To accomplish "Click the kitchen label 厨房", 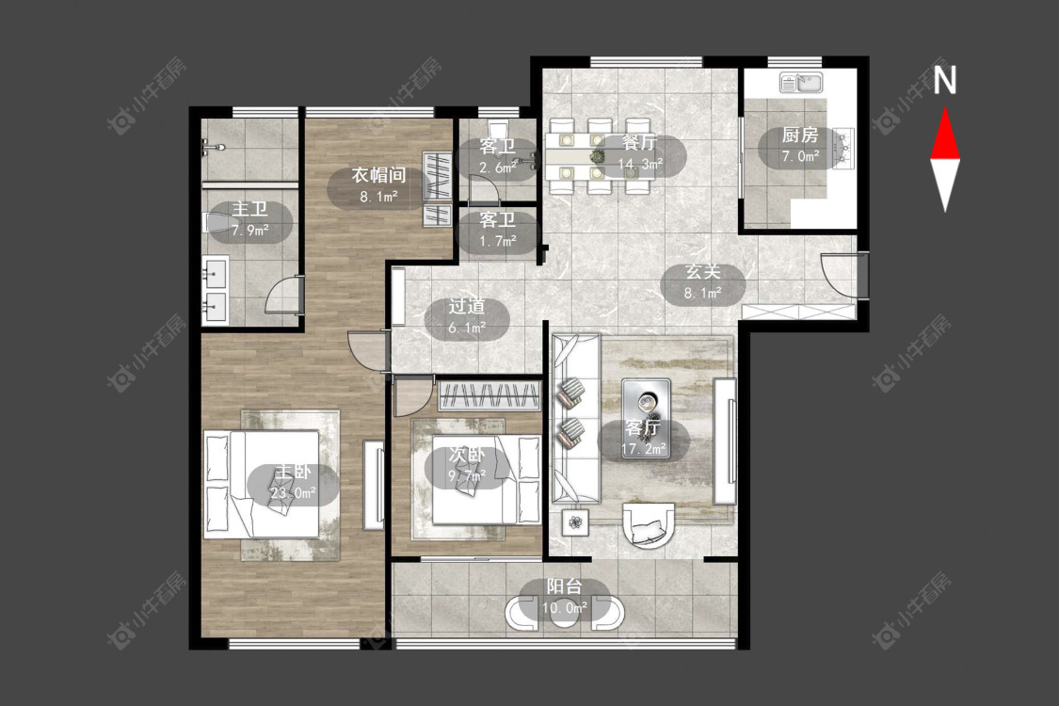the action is [800, 136].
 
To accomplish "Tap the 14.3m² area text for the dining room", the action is [640, 164].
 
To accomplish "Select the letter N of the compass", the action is [945, 80].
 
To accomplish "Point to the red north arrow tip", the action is [945, 108].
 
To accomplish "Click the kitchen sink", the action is [801, 83].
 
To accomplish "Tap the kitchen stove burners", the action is [842, 147].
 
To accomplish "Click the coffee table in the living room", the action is [646, 418].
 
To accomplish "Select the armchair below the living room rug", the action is [648, 523].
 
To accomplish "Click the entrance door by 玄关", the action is [842, 274].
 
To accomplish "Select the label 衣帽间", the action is [378, 175].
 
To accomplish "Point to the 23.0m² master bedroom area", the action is [293, 492].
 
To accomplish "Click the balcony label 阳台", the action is [565, 587].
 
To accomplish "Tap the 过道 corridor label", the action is [467, 306].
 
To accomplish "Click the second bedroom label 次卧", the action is [467, 455].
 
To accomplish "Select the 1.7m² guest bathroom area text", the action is [498, 240].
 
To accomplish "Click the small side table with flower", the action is [575, 521].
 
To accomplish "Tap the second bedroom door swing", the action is [410, 397].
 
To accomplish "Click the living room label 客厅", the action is [643, 427].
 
